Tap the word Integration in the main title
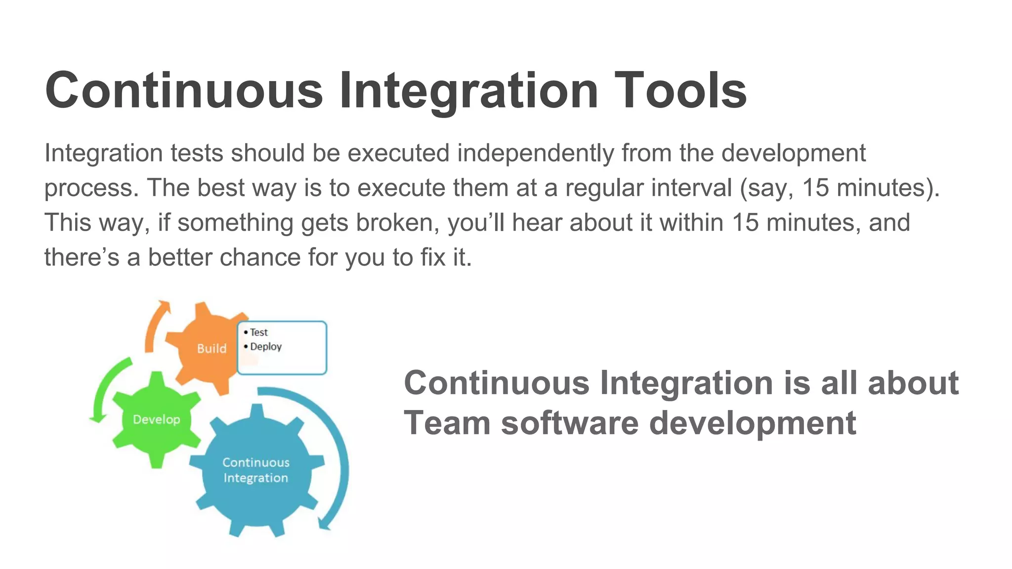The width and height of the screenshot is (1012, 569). tap(468, 90)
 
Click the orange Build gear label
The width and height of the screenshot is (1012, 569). tap(211, 349)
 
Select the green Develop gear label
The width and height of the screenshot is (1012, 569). tap(157, 420)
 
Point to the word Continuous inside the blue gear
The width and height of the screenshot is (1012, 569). tap(256, 462)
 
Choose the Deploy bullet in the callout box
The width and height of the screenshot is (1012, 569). tap(265, 347)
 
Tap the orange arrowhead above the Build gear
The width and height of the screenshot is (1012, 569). tap(164, 306)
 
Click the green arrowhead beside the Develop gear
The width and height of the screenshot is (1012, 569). tap(97, 418)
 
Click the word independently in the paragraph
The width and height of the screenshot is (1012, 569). tap(537, 153)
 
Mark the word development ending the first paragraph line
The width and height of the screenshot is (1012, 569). tap(793, 153)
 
